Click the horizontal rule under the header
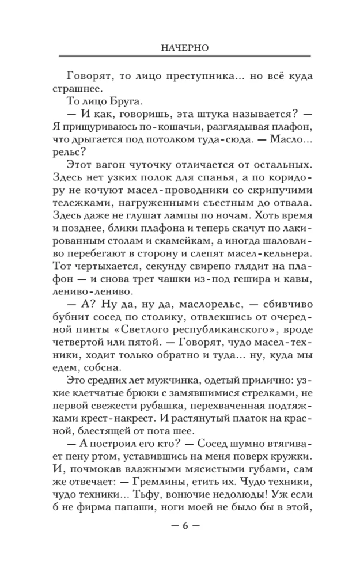tap(184, 56)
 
